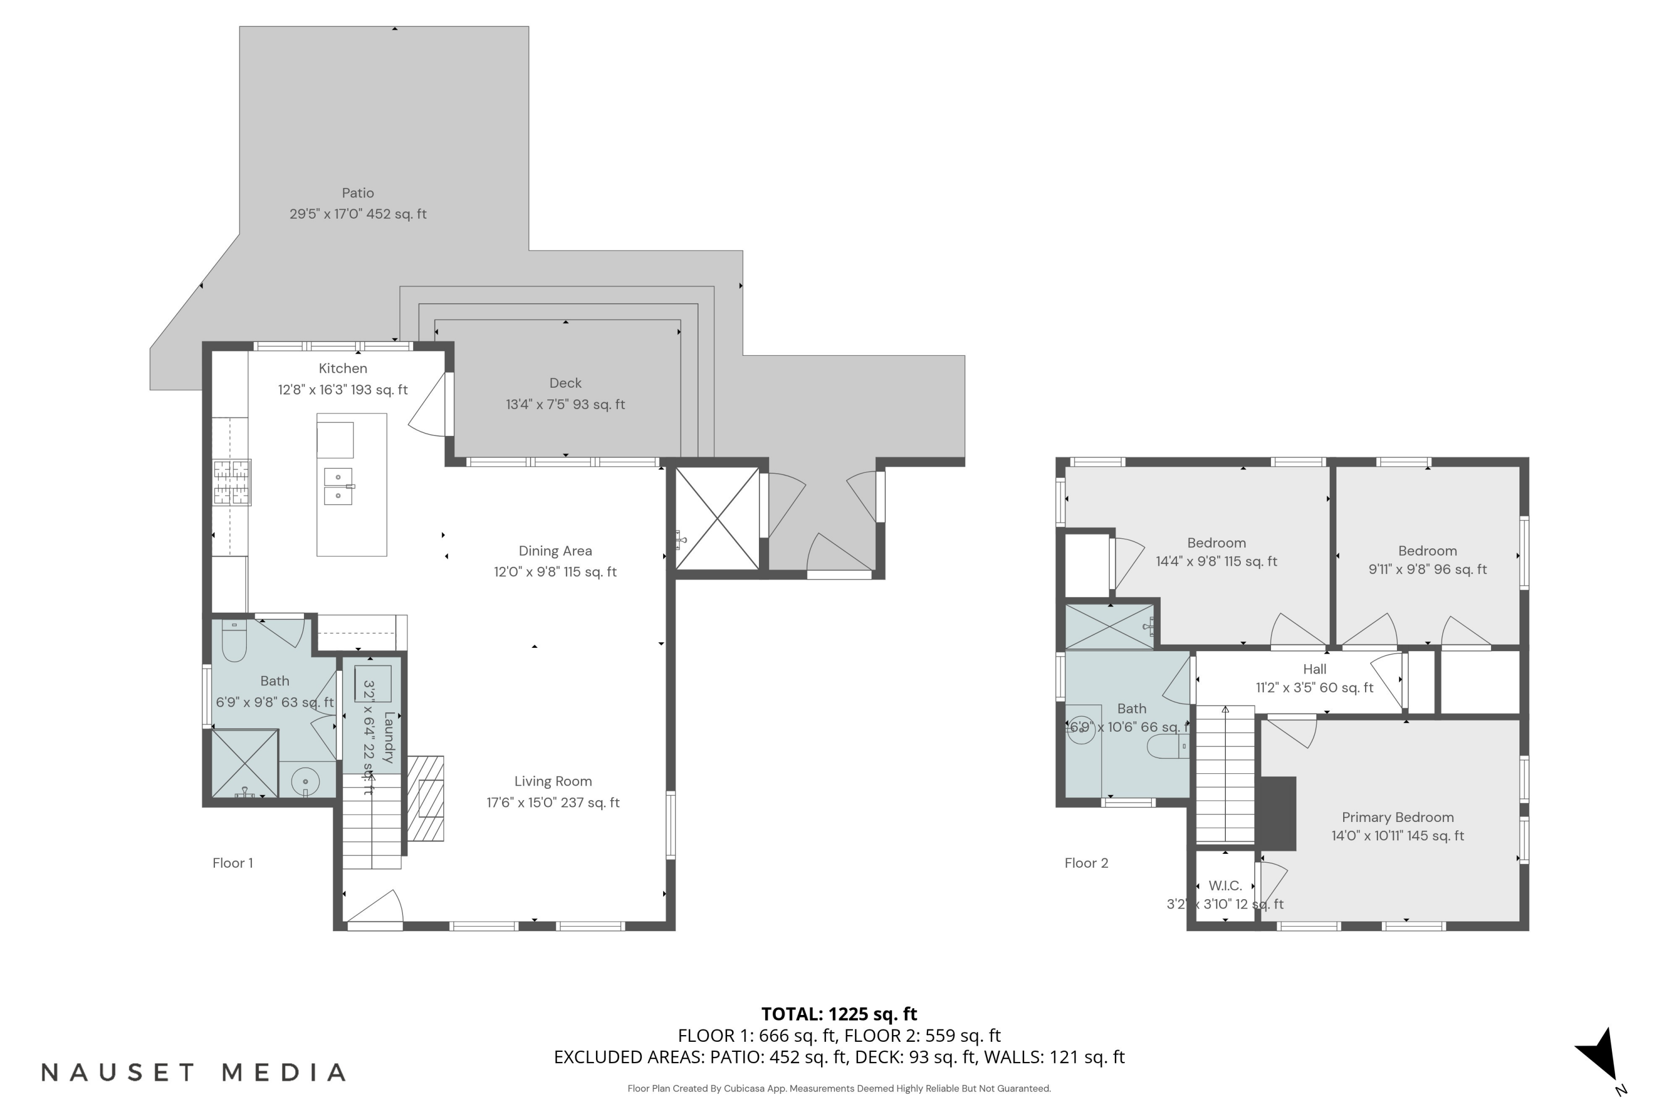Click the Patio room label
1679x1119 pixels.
coord(358,192)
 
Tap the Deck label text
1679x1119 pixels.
coord(565,383)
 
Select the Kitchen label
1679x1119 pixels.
coord(343,368)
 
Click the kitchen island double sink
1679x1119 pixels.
coord(339,486)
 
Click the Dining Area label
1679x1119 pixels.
coord(555,551)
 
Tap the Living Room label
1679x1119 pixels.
coord(554,782)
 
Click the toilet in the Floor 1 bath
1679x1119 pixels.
coord(234,640)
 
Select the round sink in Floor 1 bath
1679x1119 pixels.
coord(306,782)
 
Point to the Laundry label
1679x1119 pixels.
coord(389,737)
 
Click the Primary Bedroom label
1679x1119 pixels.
coord(1397,817)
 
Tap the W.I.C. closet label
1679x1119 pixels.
coord(1225,886)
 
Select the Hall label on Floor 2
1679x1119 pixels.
coord(1315,669)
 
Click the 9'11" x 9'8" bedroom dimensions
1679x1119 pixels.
coord(1428,570)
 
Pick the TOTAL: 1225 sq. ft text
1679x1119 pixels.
coord(839,1014)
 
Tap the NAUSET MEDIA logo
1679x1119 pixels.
coord(194,1073)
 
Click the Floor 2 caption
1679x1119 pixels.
coord(1086,863)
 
